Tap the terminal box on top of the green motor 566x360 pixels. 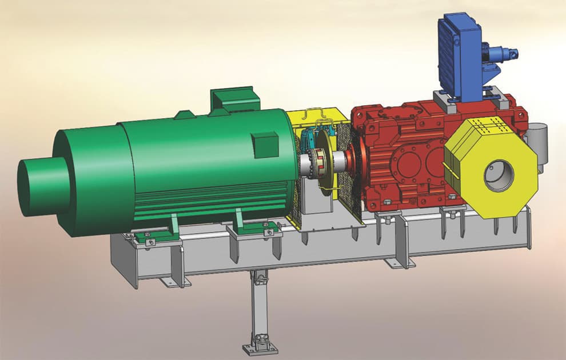tap(232, 100)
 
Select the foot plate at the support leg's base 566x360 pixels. tap(260, 347)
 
